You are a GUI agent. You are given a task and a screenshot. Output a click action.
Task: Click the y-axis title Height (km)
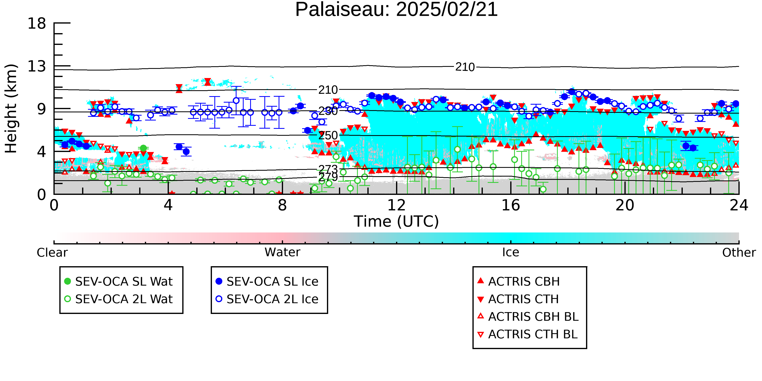(x=11, y=109)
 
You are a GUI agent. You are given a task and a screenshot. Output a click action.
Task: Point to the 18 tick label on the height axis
(x=37, y=23)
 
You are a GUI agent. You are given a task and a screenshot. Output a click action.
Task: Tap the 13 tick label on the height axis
(x=37, y=66)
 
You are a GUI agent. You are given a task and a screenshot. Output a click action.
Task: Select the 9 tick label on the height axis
(x=42, y=109)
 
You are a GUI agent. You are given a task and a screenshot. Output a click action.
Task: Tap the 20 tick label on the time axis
(x=625, y=205)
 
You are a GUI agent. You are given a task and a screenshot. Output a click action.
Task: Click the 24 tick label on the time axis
(x=739, y=205)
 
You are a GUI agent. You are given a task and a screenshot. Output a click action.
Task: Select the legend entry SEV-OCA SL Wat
(x=118, y=281)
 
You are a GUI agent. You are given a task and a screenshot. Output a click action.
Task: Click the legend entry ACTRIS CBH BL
(x=528, y=317)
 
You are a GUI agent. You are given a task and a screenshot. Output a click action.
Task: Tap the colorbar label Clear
(x=52, y=253)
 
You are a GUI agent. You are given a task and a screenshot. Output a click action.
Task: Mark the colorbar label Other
(x=739, y=253)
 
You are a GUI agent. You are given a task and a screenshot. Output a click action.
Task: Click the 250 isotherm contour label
(x=328, y=136)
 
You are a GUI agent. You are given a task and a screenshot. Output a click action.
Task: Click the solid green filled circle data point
(x=143, y=148)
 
